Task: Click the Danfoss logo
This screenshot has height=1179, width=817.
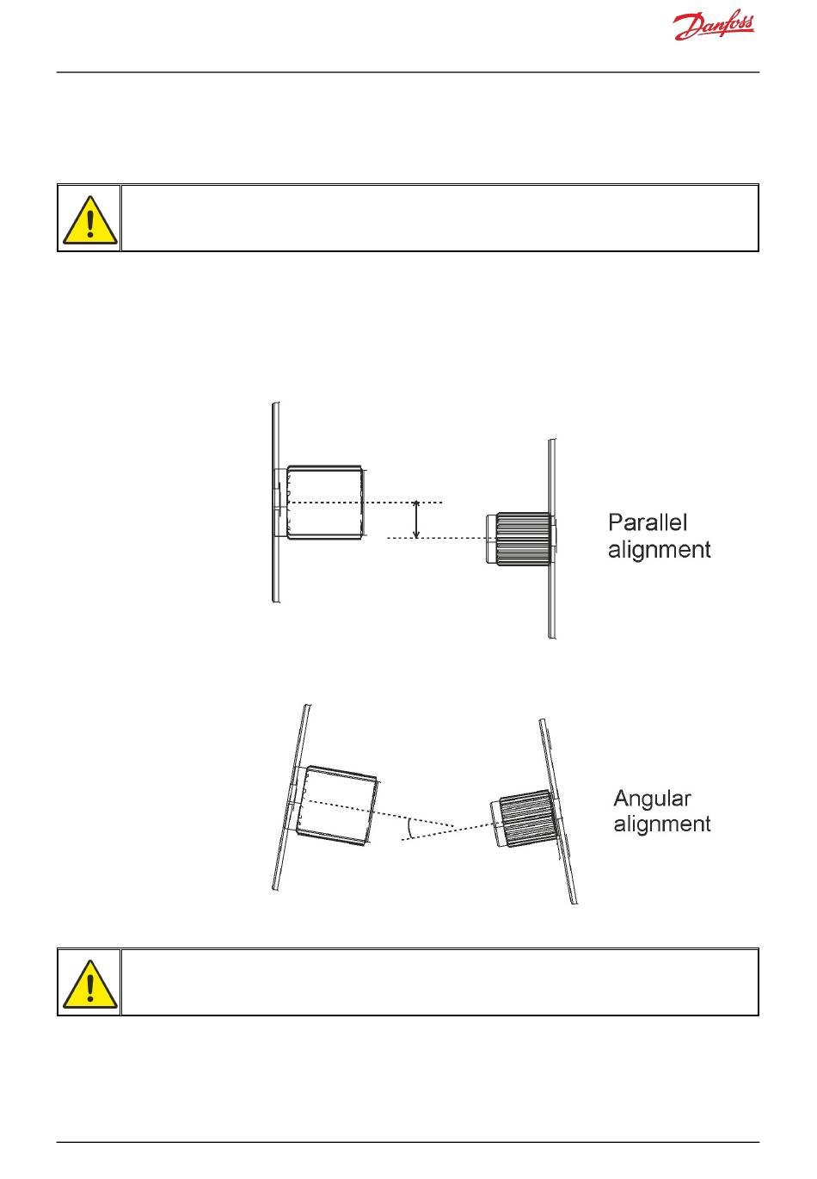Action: pos(714,28)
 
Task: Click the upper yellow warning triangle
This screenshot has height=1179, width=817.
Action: pos(89,219)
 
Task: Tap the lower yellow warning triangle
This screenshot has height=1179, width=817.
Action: pos(89,984)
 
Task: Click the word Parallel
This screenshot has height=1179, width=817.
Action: pos(648,522)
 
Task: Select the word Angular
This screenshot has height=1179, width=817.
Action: pos(652,799)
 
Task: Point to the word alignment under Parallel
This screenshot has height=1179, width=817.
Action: pos(659,549)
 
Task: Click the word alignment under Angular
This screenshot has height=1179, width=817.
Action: pos(662,824)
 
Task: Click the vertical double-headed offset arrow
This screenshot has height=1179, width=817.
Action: pos(417,520)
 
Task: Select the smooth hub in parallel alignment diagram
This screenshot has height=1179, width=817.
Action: pos(324,503)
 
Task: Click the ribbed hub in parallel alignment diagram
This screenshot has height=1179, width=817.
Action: pos(521,539)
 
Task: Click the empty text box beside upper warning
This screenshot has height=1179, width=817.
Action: pos(439,218)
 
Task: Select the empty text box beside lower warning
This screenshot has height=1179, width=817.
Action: pos(439,982)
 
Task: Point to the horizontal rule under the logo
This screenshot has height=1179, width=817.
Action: pos(408,72)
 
